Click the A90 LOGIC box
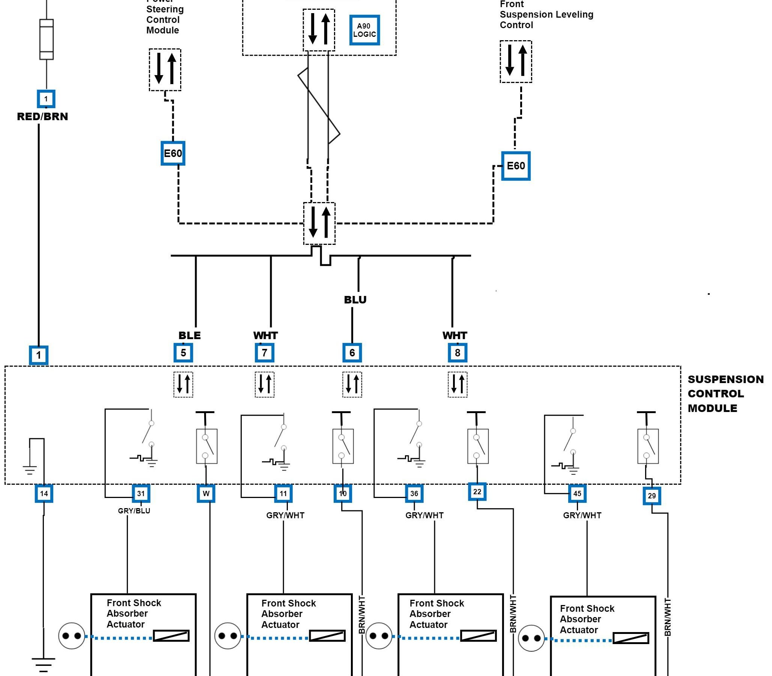point(364,30)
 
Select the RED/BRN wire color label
point(42,116)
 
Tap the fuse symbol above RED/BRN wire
point(47,39)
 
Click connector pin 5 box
point(183,353)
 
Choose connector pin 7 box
point(265,353)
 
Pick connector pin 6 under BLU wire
point(352,353)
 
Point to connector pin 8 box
point(457,353)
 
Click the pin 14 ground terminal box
point(44,493)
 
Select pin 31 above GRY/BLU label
point(141,493)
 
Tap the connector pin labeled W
point(206,493)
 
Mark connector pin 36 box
point(414,493)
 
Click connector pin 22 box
point(477,492)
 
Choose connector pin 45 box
point(577,493)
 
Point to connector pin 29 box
point(652,496)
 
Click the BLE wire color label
point(190,335)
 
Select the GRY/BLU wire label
point(134,511)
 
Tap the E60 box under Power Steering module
point(173,153)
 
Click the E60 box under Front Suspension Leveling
point(516,166)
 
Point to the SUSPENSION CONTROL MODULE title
point(725,394)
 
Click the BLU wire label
point(355,300)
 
